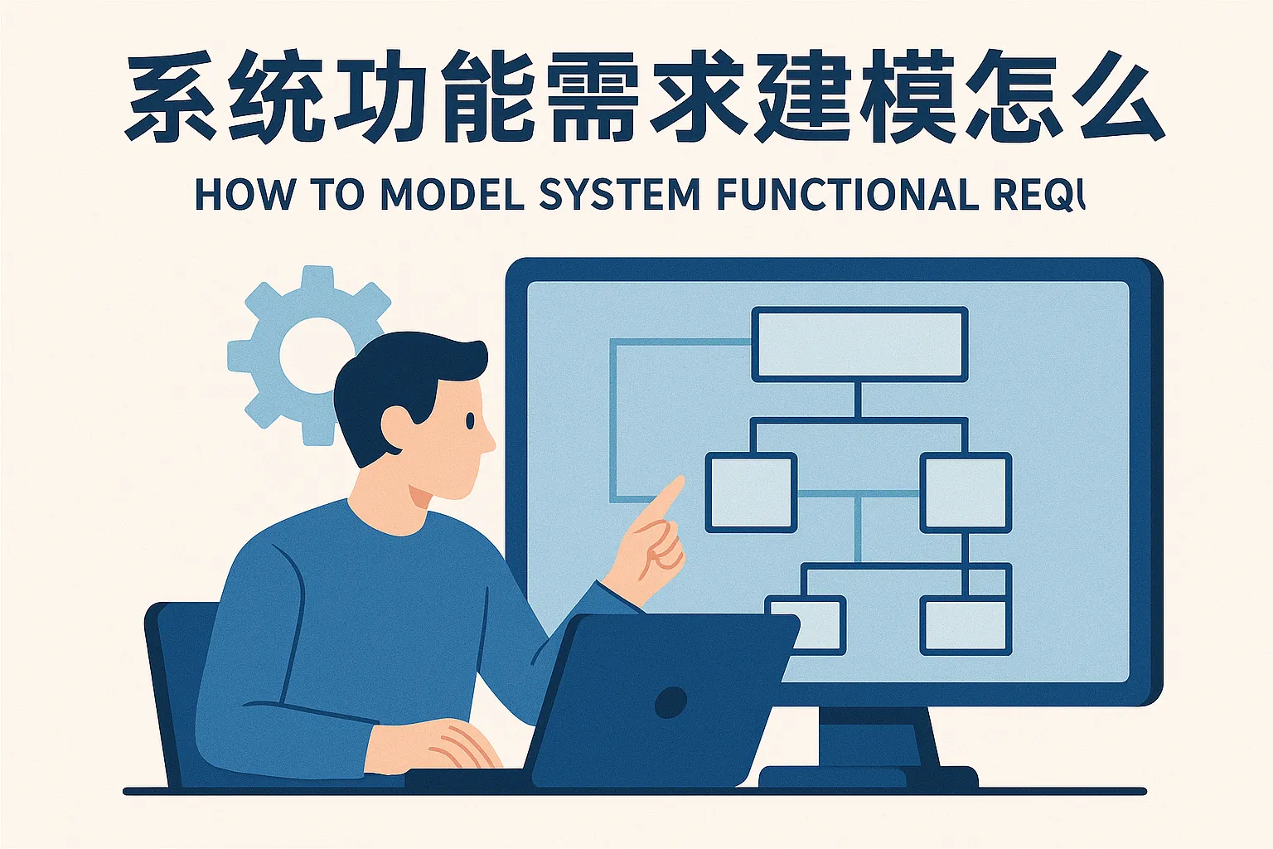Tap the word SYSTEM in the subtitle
[x=620, y=195]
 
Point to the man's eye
[x=470, y=420]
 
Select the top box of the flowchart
[x=859, y=344]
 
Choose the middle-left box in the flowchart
[x=750, y=492]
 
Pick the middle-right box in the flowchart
[x=966, y=492]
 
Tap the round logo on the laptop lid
[x=670, y=703]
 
